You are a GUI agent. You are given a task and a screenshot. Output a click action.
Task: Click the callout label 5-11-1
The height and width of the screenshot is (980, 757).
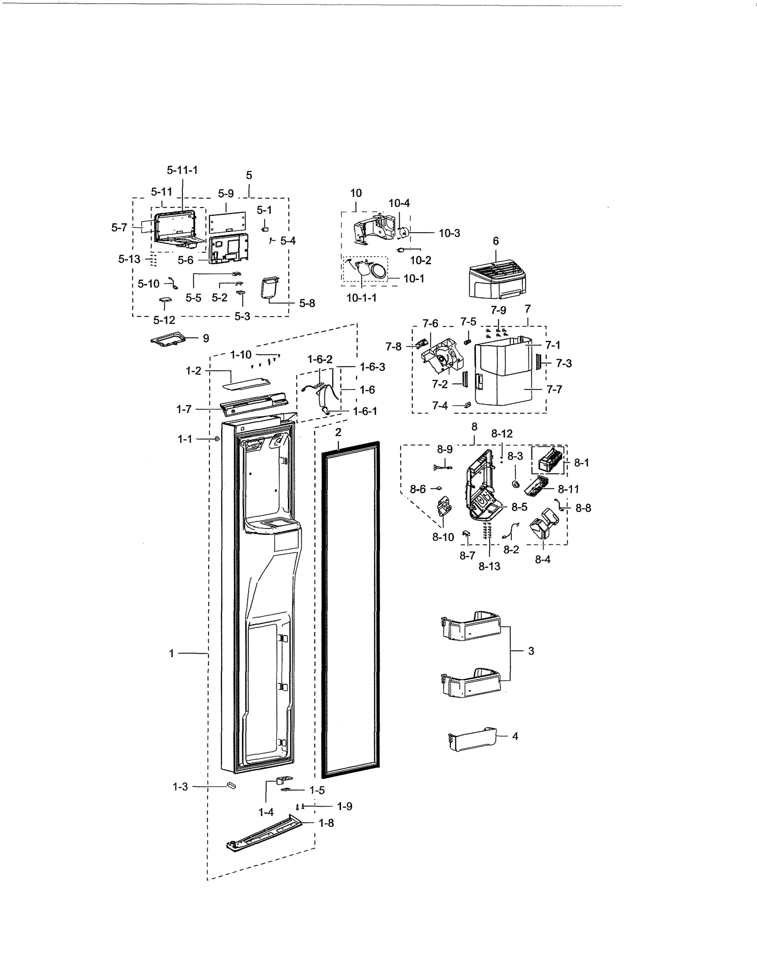[x=182, y=170]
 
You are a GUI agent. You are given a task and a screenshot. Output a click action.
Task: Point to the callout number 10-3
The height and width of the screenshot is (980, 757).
[x=449, y=233]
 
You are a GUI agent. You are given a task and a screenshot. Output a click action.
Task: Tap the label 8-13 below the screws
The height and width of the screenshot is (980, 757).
[x=489, y=566]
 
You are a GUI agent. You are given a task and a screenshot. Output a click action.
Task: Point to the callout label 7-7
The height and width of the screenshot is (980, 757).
[x=554, y=390]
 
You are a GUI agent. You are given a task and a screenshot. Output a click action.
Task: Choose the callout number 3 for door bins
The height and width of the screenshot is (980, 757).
[x=531, y=650]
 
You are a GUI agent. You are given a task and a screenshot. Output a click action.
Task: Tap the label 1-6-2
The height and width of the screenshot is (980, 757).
[x=320, y=359]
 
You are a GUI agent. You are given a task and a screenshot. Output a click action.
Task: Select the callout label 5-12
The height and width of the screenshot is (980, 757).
[x=164, y=320]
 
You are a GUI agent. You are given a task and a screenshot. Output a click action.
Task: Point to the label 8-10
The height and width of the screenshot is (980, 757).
[x=443, y=537]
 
